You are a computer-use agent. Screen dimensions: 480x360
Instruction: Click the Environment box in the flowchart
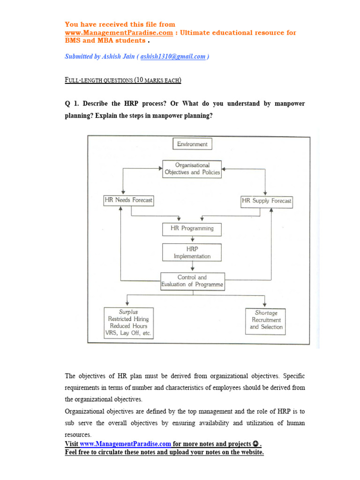coord(192,144)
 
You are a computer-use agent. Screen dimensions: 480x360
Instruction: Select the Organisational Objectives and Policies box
coord(192,169)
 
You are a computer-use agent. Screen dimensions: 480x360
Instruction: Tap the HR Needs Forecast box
coord(128,200)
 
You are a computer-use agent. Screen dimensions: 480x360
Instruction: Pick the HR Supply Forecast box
coord(266,201)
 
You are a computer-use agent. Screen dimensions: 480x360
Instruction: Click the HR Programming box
coord(192,229)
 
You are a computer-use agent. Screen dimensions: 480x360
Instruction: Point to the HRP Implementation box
coord(192,252)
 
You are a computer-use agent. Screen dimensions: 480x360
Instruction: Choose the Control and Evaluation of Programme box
coord(193,281)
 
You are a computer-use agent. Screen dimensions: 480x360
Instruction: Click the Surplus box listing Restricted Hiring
coord(128,322)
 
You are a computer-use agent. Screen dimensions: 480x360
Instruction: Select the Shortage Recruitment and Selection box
coord(266,321)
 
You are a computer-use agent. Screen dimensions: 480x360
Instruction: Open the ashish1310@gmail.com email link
coord(173,57)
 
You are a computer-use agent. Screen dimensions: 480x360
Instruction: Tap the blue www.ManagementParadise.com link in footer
coord(125,443)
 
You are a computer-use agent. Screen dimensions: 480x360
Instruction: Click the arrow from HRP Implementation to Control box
coord(192,267)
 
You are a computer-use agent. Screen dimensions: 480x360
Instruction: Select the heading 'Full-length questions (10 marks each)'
coord(122,80)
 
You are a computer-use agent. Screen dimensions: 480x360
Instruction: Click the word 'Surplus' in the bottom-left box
coord(128,312)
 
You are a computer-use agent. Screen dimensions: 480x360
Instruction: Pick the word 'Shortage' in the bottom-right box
coord(266,313)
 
